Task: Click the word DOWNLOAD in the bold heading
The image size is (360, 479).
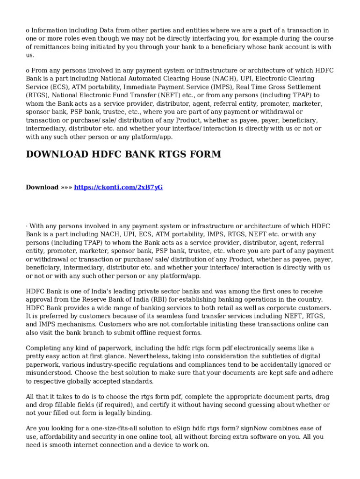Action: pos(57,154)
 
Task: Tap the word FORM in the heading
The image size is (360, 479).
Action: pos(204,154)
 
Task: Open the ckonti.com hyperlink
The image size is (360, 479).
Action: pos(118,187)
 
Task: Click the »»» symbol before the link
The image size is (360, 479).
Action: pos(66,187)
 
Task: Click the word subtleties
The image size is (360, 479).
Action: pos(273,356)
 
